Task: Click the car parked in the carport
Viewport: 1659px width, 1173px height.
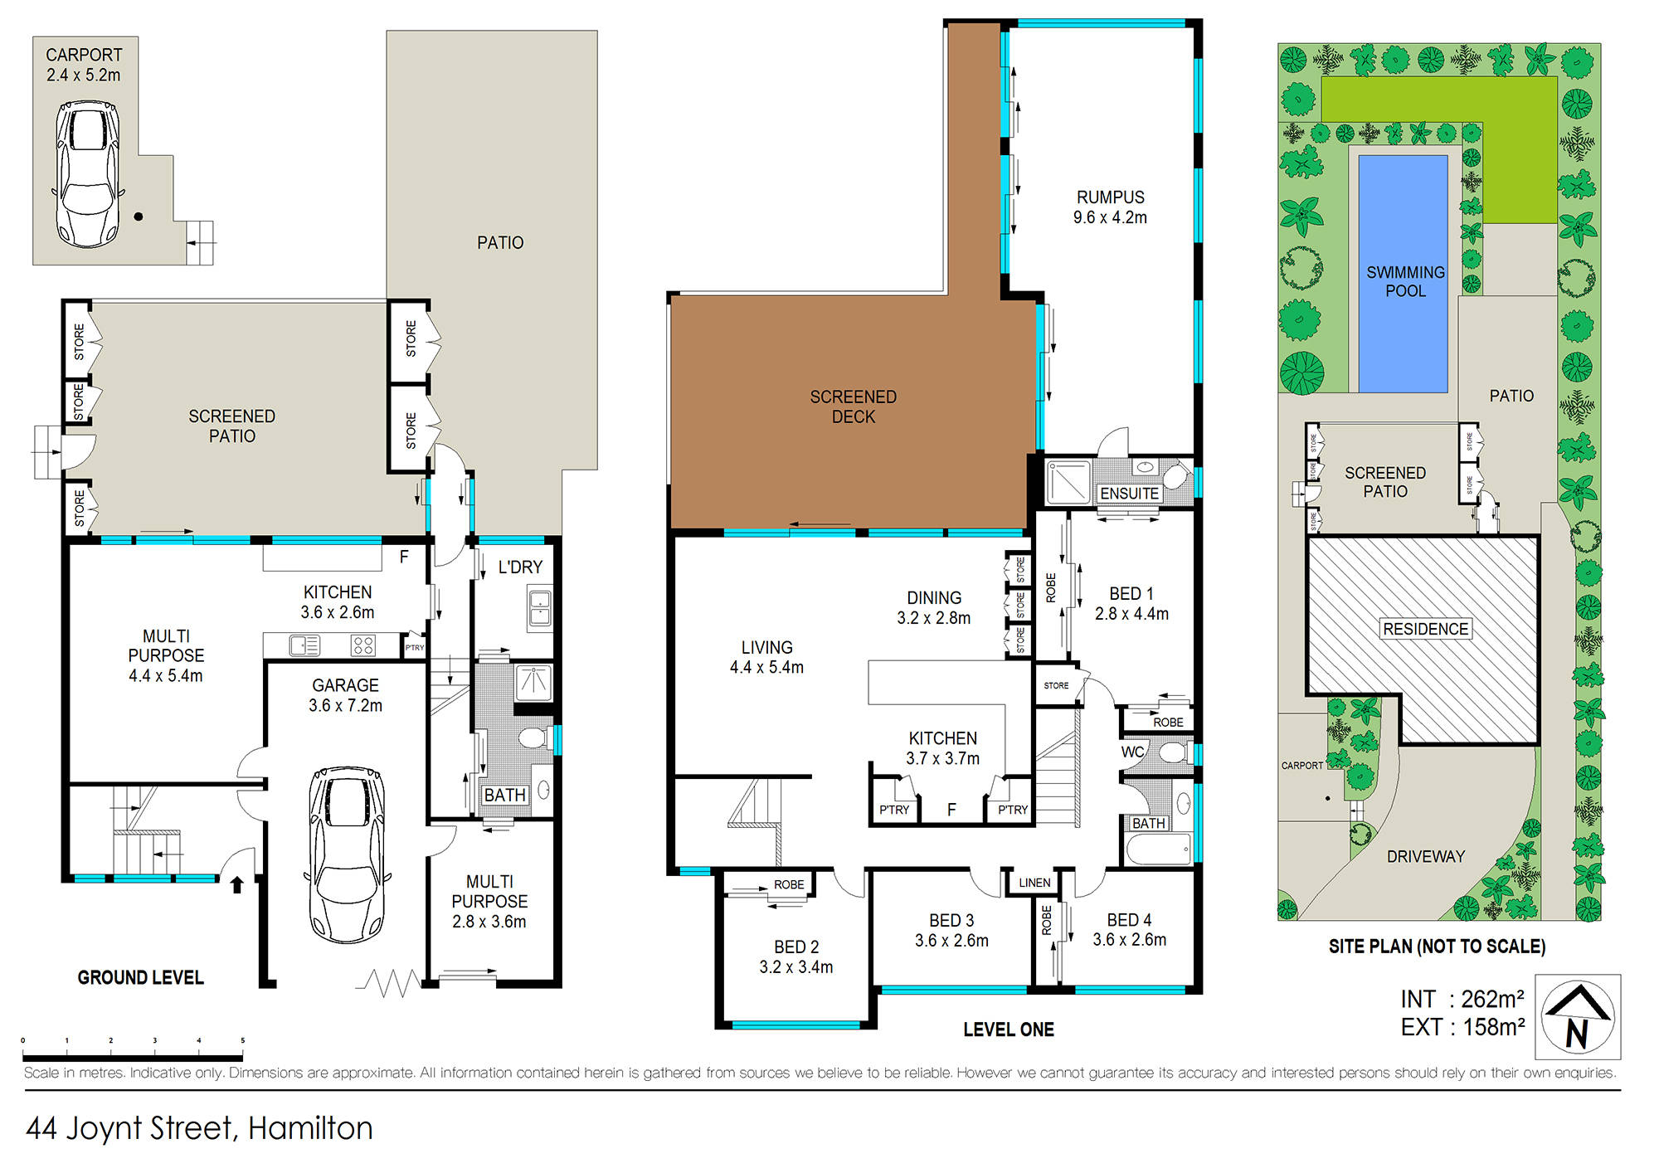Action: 88,174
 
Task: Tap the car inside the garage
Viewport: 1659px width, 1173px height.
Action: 348,854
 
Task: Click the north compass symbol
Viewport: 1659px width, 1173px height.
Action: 1577,1016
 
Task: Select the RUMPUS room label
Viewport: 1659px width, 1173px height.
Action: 1110,197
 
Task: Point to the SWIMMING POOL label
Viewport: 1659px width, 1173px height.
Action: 1405,281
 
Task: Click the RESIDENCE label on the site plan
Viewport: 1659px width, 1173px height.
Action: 1425,629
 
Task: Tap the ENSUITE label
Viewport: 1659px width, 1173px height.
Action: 1129,494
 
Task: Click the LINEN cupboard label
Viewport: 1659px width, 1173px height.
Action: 1034,883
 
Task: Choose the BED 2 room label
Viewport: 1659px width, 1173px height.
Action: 796,947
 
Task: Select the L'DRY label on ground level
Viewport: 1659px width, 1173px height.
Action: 520,567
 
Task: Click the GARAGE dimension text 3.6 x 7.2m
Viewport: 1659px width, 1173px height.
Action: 345,705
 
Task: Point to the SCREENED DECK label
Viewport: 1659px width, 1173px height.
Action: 853,406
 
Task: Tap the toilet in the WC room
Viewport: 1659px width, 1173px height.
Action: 1172,752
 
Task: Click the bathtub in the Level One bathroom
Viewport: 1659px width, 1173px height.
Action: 1158,849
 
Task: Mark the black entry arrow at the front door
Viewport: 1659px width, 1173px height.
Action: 236,884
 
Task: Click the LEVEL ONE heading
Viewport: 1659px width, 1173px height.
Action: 1008,1029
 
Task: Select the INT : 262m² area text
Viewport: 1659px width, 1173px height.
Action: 1462,999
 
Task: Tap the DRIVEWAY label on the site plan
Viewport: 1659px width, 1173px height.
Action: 1425,856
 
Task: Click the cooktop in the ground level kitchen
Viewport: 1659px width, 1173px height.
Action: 363,645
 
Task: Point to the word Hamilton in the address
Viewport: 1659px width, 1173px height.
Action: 310,1128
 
